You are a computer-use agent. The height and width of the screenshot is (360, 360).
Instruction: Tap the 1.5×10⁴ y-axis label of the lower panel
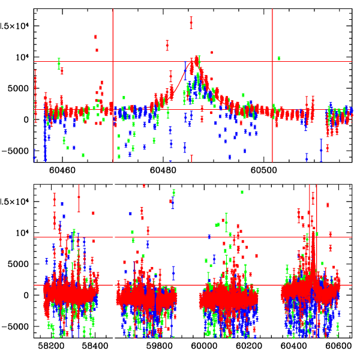click(14, 202)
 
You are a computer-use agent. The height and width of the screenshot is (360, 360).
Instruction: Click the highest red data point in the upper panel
click(191, 22)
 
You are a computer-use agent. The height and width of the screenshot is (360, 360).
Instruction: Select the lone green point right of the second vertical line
click(279, 58)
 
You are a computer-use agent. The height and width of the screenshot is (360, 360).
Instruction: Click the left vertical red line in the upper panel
click(113, 84)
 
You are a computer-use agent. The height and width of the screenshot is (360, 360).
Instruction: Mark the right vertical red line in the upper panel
click(272, 84)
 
